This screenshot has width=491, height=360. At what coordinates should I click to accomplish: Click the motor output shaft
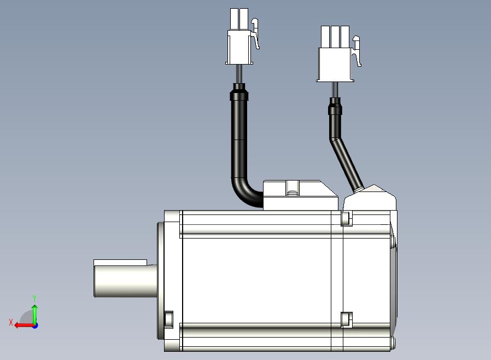tap(126, 281)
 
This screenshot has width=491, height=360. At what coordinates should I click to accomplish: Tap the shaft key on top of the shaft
tap(120, 262)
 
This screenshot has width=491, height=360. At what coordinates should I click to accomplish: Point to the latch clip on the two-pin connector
tap(255, 33)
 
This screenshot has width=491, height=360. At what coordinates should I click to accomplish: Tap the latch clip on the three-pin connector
tap(357, 51)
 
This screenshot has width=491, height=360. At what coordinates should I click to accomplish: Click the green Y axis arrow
tap(35, 314)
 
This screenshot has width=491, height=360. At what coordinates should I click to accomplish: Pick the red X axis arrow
tap(25, 326)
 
